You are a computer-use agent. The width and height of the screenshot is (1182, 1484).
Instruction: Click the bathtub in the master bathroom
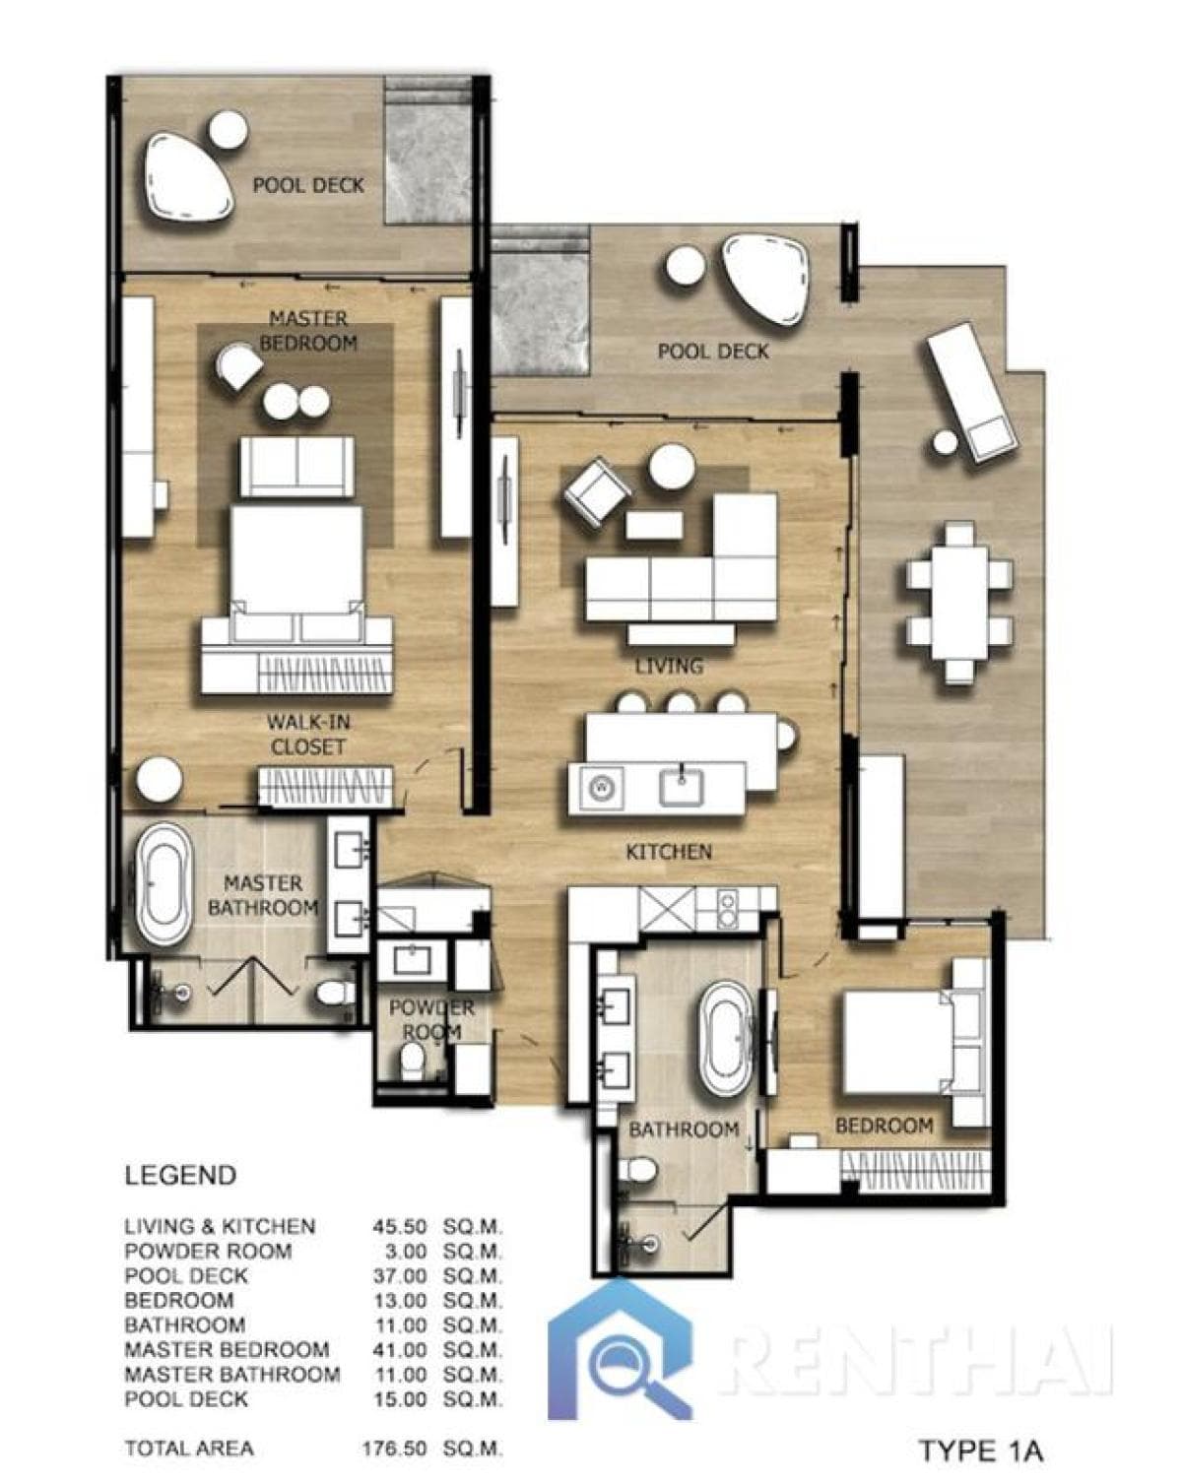click(164, 884)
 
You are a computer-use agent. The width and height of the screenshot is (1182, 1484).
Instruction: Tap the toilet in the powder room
click(414, 1062)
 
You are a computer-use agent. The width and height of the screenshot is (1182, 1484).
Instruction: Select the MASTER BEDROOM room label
click(308, 331)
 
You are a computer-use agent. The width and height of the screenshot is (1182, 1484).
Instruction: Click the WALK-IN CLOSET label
click(308, 735)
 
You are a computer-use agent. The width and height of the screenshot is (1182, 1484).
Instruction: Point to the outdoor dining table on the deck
click(959, 603)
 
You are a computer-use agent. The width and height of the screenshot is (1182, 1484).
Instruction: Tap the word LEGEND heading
click(180, 1175)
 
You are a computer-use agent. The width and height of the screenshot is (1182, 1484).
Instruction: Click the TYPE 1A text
click(980, 1451)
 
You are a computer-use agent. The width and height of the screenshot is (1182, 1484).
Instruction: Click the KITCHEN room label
click(669, 852)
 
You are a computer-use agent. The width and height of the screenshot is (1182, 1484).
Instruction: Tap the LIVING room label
click(669, 667)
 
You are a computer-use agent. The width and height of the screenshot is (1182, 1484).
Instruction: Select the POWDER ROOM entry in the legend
click(208, 1251)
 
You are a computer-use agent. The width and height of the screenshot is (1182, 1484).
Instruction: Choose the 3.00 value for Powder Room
click(406, 1251)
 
